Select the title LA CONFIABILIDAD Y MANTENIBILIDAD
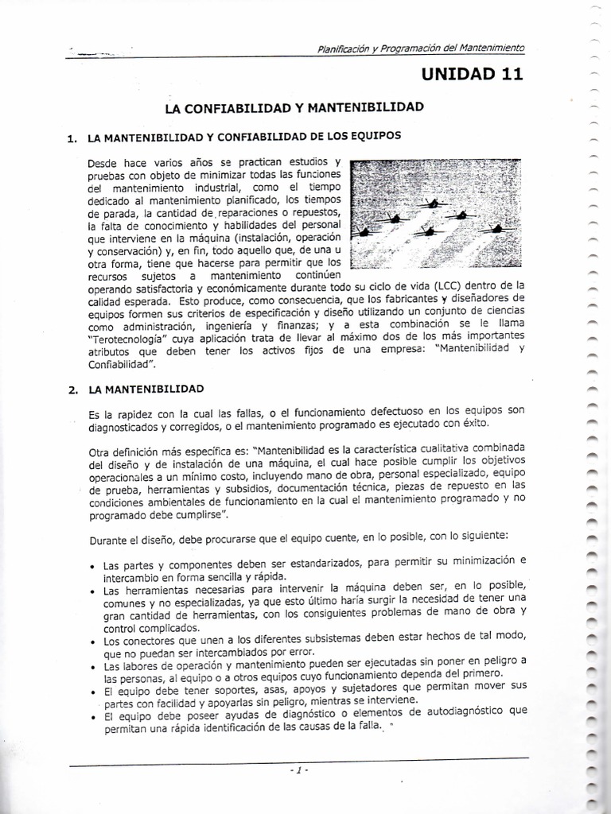(293, 106)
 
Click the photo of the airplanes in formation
(436, 214)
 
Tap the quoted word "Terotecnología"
(127, 337)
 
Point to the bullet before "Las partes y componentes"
(94, 567)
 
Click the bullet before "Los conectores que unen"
(94, 641)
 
